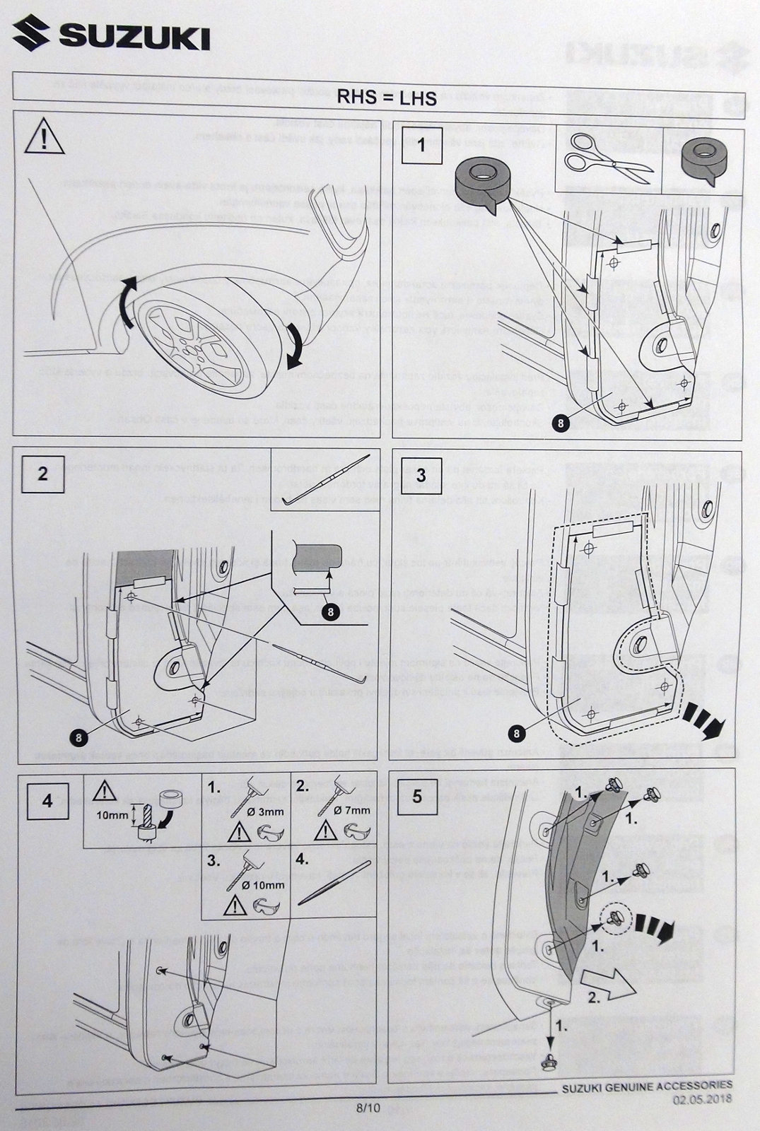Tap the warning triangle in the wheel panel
click(45, 138)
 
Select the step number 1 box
click(421, 146)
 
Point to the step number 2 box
click(42, 474)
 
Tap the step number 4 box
click(47, 801)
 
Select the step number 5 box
click(417, 796)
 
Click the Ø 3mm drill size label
click(265, 811)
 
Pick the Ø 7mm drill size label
click(352, 810)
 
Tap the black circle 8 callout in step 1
click(560, 423)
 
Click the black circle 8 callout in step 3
click(517, 734)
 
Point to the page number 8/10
click(368, 1108)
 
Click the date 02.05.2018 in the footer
click(702, 1100)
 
